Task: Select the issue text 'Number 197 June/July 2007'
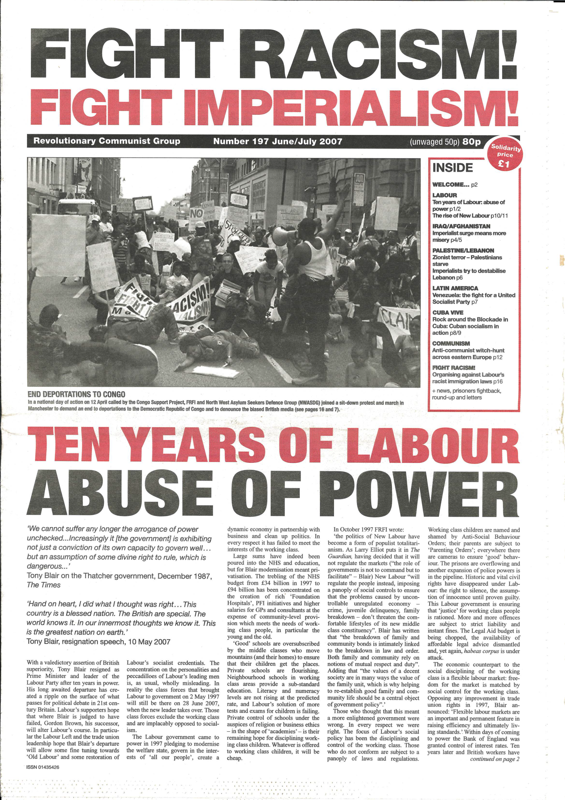pos(278,142)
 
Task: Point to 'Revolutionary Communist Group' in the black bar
pos(107,141)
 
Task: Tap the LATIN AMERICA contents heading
pos(455,288)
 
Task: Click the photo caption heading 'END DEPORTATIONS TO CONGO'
pos(76,394)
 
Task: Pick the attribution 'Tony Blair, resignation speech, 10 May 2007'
pos(98,642)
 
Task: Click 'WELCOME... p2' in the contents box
pos(454,185)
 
